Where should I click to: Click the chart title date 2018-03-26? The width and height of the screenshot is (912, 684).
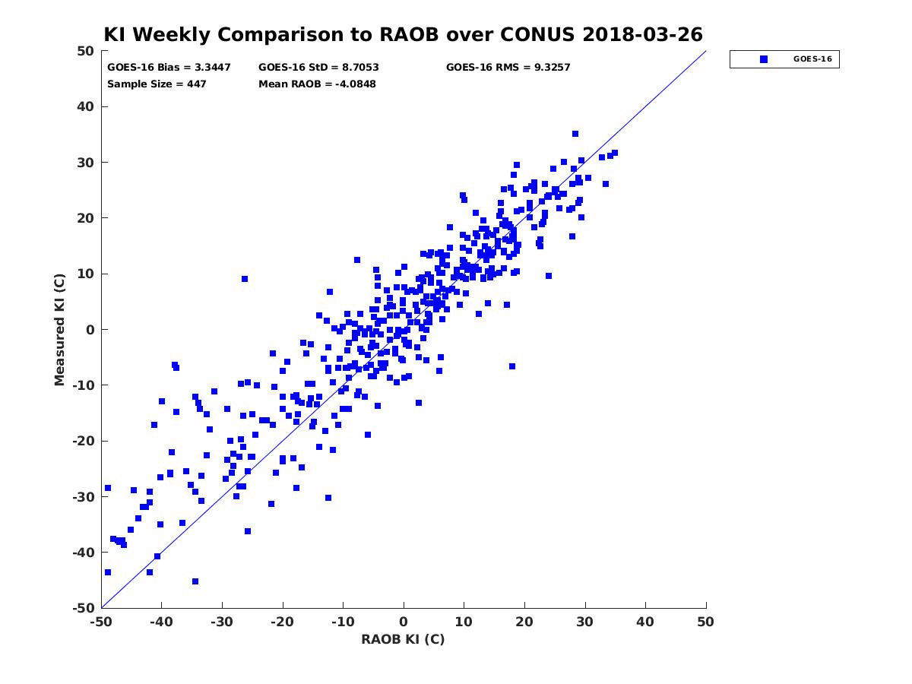[x=642, y=34]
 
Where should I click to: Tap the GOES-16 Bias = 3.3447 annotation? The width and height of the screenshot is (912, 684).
[x=169, y=68]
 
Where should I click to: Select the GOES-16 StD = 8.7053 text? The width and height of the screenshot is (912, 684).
[x=318, y=68]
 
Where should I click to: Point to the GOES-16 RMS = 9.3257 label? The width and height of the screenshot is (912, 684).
[x=508, y=68]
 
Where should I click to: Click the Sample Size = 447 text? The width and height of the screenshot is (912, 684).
[x=157, y=84]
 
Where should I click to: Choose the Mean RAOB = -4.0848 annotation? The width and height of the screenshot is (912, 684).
[x=317, y=84]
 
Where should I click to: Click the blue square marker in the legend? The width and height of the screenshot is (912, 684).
[x=764, y=59]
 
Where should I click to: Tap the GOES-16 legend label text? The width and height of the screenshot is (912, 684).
[x=812, y=59]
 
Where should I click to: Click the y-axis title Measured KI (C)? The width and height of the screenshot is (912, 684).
[x=59, y=330]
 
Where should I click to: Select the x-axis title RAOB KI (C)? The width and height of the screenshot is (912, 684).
[x=403, y=639]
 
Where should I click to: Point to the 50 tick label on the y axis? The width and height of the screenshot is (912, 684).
[x=86, y=51]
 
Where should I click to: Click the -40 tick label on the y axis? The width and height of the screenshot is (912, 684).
[x=84, y=553]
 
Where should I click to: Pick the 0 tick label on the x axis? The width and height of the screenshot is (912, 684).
[x=404, y=622]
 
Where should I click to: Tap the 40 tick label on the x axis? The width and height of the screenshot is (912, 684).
[x=645, y=622]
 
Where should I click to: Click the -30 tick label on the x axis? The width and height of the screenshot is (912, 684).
[x=222, y=622]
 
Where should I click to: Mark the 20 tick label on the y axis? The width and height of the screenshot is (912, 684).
[x=86, y=218]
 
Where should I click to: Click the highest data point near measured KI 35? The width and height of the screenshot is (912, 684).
[x=575, y=134]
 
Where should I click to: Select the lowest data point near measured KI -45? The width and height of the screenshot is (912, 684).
[x=195, y=581]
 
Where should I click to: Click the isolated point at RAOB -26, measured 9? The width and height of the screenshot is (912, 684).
[x=245, y=279]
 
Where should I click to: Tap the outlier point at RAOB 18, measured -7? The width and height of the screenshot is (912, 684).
[x=512, y=366]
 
